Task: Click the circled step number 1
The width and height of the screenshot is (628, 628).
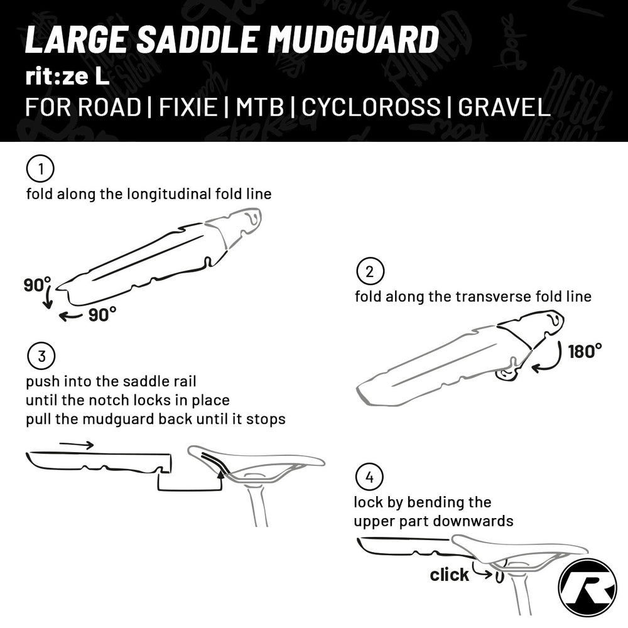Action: coord(40,169)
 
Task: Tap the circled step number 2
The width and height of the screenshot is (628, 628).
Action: coord(370,271)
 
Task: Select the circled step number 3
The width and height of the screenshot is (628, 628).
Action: coord(41,357)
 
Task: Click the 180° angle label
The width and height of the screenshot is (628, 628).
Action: coord(585,351)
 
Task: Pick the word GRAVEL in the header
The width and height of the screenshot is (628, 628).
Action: coord(504,107)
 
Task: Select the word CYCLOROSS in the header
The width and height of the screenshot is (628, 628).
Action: coord(371,107)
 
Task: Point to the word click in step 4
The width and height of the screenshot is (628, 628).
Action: coord(449,575)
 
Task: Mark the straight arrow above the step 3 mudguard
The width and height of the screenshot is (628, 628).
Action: coord(77,445)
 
